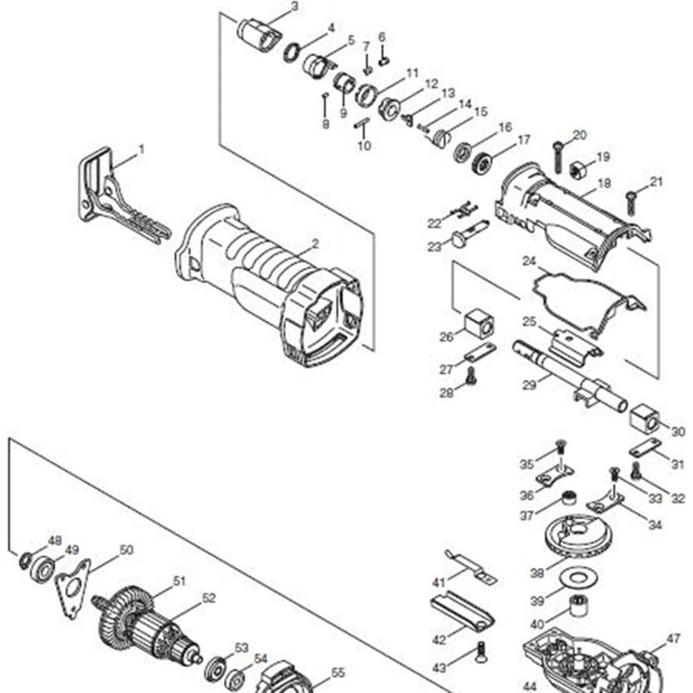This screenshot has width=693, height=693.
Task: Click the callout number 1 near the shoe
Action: click(141, 149)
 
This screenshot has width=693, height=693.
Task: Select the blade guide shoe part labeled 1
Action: click(107, 193)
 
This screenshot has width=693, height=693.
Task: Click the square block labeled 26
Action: click(478, 324)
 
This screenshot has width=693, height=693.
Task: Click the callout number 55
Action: click(338, 673)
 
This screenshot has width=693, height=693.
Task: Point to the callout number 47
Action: click(673, 639)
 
